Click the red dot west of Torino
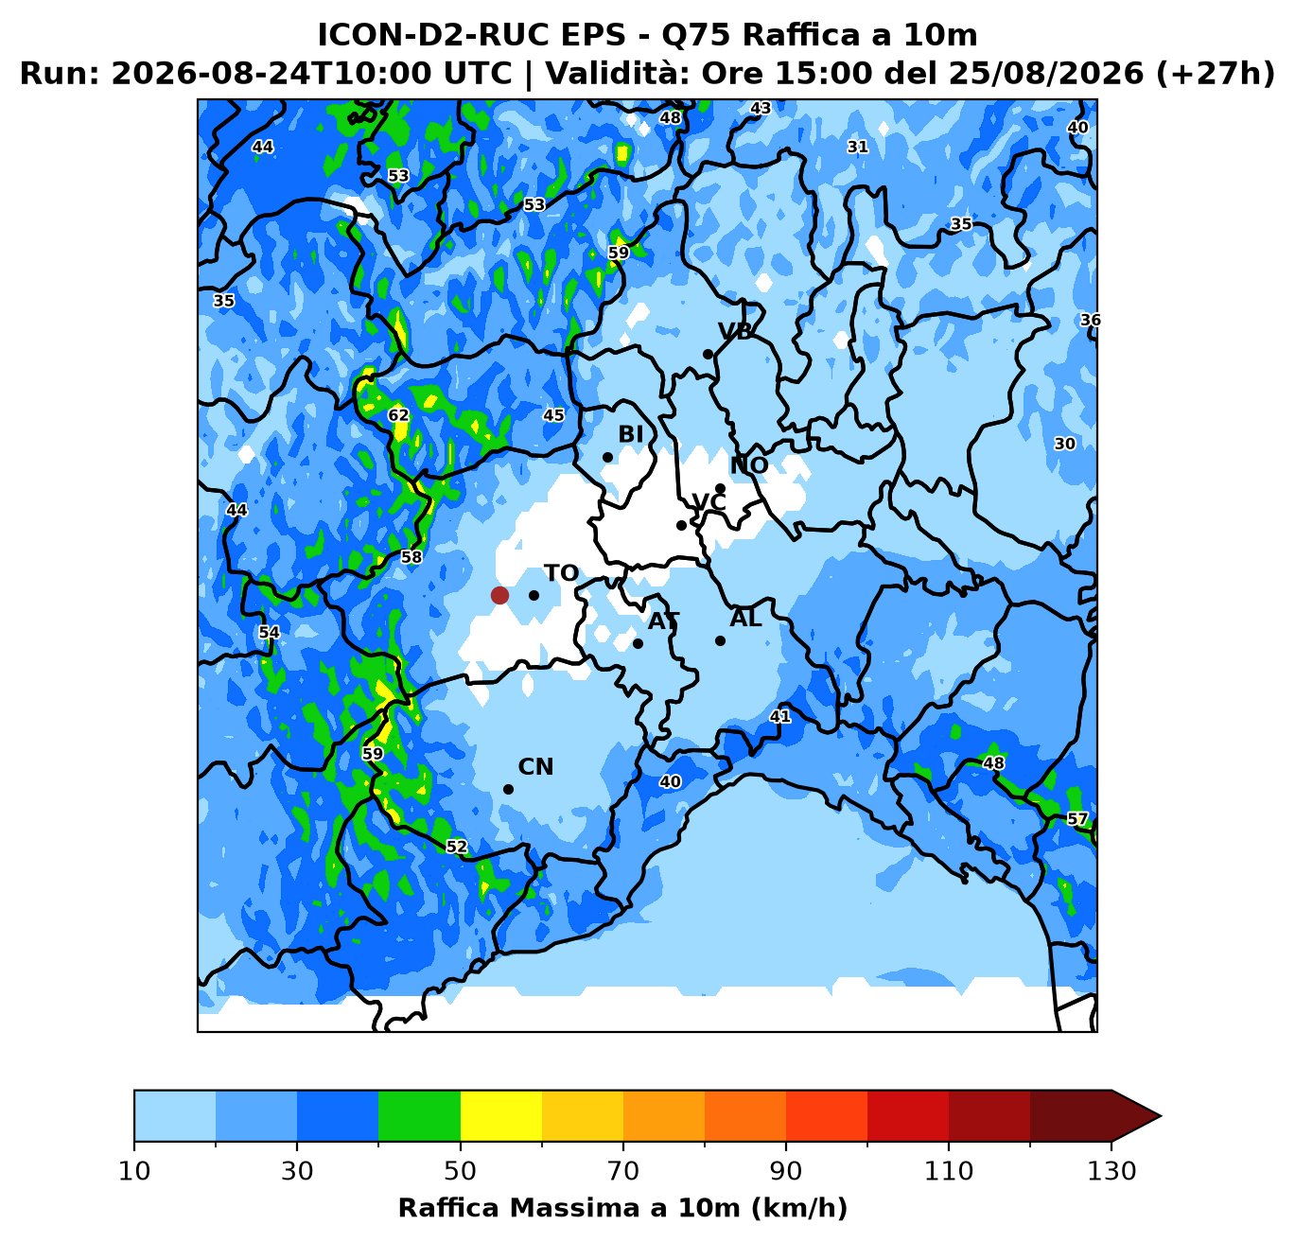click(499, 595)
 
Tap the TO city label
click(561, 573)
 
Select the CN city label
click(535, 767)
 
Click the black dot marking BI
click(607, 457)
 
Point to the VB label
click(735, 331)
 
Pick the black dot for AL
click(720, 641)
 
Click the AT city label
click(663, 621)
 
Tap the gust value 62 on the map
click(398, 415)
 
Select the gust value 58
click(411, 556)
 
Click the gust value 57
click(1077, 819)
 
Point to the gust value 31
click(858, 148)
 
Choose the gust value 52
click(457, 847)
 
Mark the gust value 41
click(780, 717)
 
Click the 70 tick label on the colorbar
click(623, 1171)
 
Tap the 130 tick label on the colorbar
click(1111, 1171)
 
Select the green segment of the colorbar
click(419, 1115)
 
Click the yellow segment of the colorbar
click(501, 1115)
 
